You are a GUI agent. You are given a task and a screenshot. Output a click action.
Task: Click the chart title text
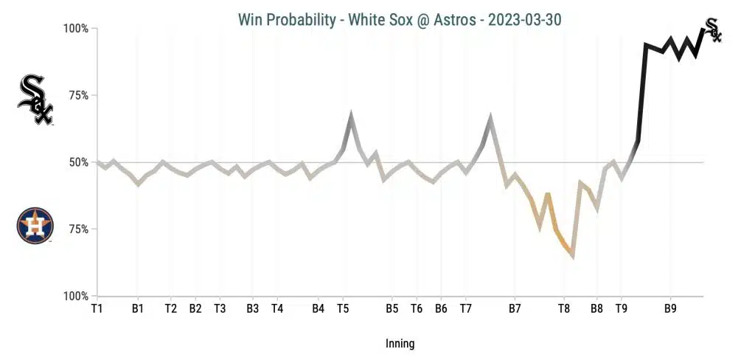tap(400, 20)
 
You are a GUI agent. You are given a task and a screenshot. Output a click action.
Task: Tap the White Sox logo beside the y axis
tap(35, 100)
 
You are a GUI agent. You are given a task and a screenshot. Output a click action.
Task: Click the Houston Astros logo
tap(35, 226)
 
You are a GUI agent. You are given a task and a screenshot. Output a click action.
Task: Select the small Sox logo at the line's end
tap(713, 30)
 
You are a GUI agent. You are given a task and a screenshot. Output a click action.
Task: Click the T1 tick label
tap(97, 308)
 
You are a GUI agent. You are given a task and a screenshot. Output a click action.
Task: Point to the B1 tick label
tap(138, 308)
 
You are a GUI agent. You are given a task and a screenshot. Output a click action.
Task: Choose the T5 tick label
tap(343, 308)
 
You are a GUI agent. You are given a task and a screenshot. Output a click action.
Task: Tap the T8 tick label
tap(564, 308)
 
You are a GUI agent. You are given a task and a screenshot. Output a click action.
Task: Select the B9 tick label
tap(670, 308)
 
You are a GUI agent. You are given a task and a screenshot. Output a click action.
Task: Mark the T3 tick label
tap(220, 308)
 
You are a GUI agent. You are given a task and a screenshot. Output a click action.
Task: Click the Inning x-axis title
tap(400, 344)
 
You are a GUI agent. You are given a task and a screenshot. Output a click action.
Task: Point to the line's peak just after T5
tap(352, 115)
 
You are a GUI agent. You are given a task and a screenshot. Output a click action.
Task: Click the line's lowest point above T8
tap(572, 256)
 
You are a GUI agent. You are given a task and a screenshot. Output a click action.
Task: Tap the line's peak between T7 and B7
tap(490, 118)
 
